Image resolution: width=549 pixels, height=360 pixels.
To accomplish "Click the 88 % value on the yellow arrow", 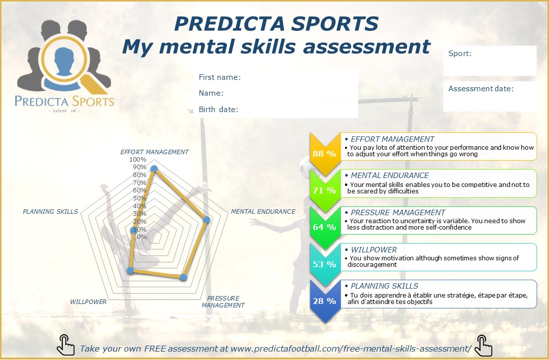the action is [324, 154].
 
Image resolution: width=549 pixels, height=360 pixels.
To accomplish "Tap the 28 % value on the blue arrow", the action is [324, 301].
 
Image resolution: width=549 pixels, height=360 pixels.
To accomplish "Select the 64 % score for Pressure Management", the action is [324, 227].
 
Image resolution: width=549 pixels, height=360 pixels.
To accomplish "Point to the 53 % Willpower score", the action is [324, 264].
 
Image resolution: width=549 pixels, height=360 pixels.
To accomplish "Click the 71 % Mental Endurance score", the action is [324, 190].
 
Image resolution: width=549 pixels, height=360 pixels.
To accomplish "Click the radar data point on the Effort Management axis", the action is [154, 169].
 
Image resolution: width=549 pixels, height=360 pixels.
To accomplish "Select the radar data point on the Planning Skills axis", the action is [133, 230].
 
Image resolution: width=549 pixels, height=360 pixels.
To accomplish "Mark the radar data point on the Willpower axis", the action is [130, 270].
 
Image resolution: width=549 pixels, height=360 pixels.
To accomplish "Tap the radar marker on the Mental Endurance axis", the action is [207, 220].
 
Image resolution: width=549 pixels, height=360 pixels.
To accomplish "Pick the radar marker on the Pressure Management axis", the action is [183, 278].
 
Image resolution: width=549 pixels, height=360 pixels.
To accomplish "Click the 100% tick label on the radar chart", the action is [138, 160].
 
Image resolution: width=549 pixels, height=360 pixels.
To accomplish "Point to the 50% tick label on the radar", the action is [140, 198].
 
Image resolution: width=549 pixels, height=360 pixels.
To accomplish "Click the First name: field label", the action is [220, 77].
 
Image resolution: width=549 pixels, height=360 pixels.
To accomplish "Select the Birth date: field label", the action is [219, 110].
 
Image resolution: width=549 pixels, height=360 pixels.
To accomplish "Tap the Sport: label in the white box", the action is [460, 54].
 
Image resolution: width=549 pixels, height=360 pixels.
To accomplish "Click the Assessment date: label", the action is [481, 89].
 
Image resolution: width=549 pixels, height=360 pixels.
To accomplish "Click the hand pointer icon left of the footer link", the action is [66, 345].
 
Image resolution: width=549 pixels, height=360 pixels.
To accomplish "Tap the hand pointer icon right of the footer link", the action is [483, 346].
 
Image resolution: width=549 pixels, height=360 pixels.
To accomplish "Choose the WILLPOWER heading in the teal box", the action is [374, 249].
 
